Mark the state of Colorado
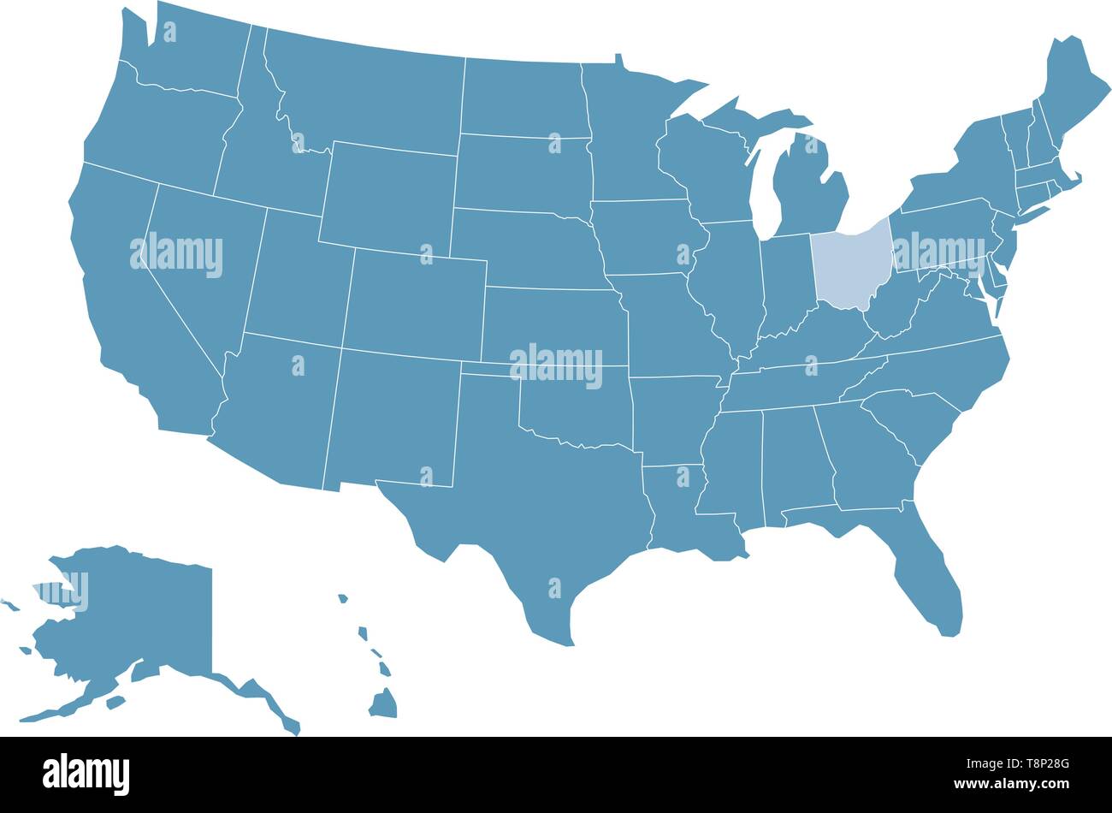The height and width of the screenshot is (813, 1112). click(x=415, y=300)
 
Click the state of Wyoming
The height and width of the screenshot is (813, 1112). click(x=389, y=197)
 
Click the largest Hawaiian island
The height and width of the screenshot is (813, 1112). click(x=384, y=703)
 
